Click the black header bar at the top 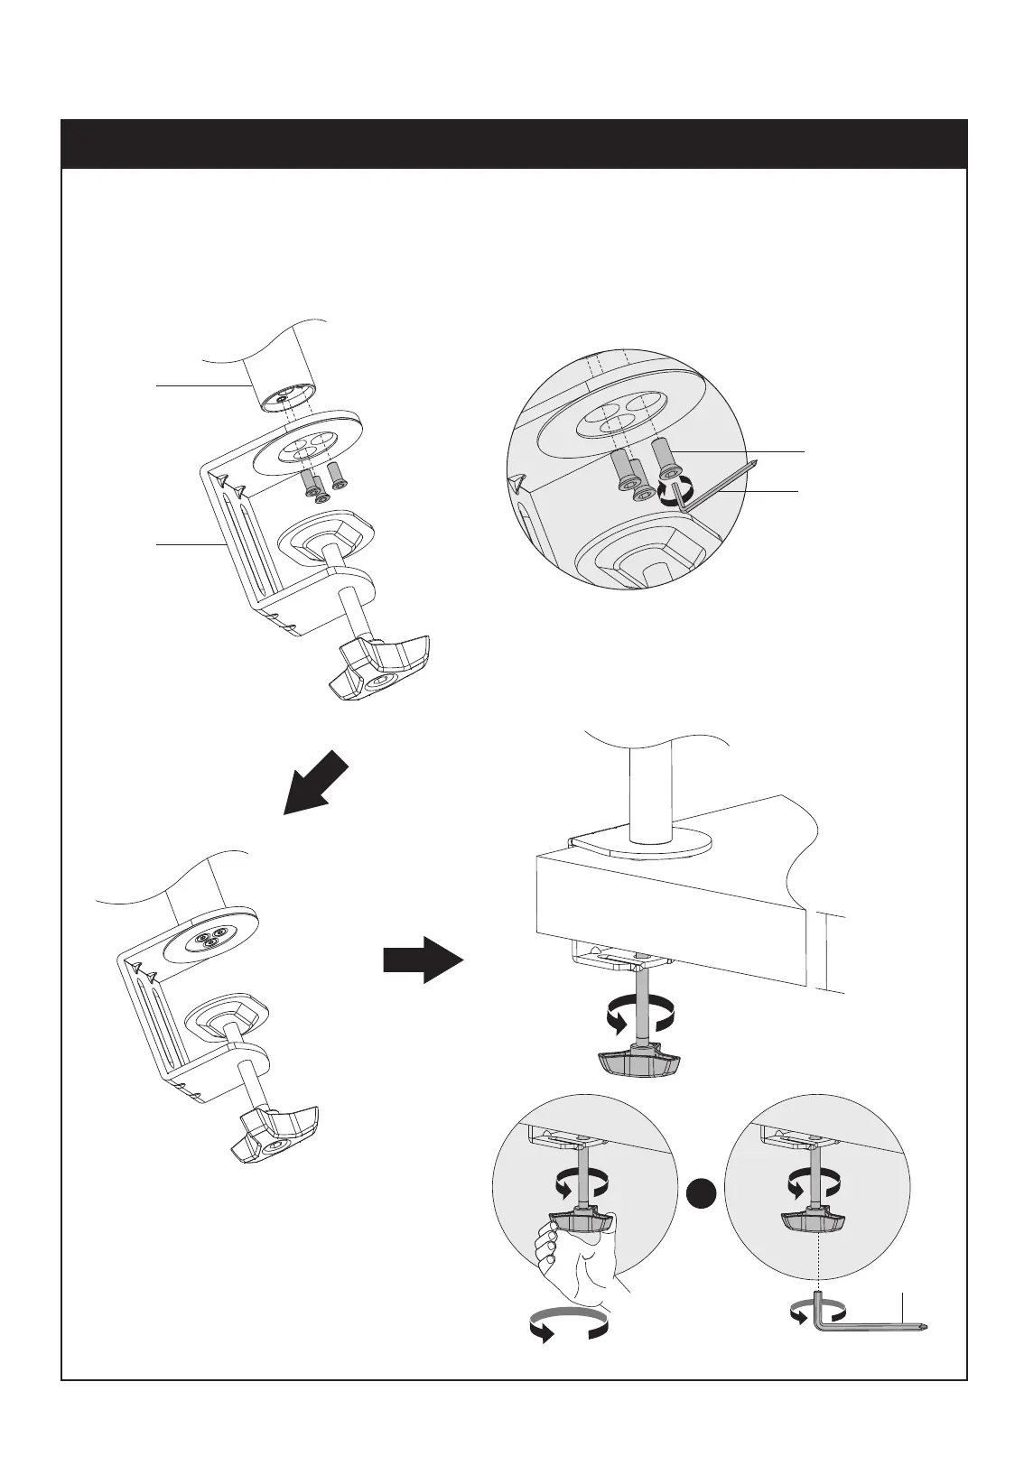tap(513, 144)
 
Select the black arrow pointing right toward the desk tap(423, 959)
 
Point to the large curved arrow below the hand tap(566, 1327)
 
